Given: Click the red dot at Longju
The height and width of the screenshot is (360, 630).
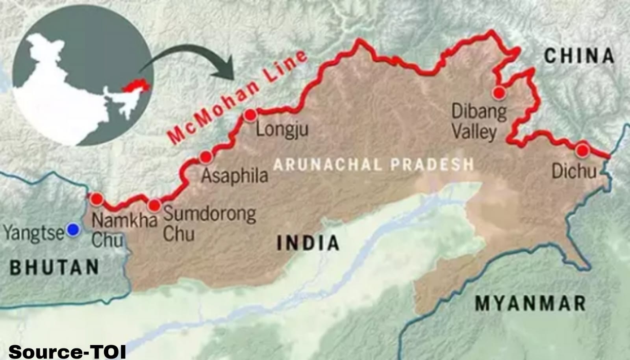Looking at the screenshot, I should (250, 115).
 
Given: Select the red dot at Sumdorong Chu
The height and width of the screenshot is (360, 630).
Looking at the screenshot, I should (154, 205).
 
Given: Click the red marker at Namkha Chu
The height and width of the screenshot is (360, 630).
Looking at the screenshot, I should (96, 199).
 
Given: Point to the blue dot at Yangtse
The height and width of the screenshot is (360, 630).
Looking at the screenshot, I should (72, 230).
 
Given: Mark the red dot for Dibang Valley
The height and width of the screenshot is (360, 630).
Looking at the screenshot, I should (499, 93).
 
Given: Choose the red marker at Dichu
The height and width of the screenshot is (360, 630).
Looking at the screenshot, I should (582, 150).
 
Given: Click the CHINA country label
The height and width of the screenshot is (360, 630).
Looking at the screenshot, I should (579, 56).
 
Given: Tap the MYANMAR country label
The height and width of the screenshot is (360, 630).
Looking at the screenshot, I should (530, 304).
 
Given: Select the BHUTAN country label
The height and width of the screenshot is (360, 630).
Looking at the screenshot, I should (55, 267).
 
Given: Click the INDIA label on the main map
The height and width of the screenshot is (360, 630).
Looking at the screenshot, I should (308, 243).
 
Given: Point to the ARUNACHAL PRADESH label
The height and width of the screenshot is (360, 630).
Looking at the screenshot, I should (373, 164).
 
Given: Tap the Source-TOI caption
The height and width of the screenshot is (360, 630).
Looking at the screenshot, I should (67, 352).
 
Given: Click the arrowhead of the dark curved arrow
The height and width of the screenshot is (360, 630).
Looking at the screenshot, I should (227, 73).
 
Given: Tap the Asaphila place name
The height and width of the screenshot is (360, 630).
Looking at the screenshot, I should (235, 176).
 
